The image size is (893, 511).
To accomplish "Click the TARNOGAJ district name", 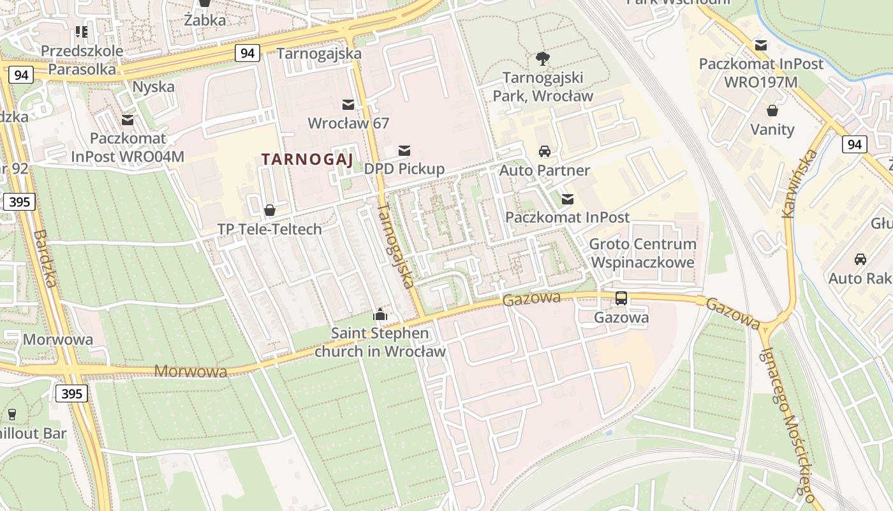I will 307,160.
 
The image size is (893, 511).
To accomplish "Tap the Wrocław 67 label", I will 348,123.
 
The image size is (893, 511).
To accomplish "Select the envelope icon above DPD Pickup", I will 404,151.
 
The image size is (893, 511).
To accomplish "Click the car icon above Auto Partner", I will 544,151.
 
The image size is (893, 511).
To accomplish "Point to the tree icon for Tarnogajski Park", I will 543,59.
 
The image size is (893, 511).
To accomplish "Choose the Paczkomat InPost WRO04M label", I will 128,147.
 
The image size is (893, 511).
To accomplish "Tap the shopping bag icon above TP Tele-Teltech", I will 270,210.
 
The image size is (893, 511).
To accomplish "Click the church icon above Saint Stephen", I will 380,314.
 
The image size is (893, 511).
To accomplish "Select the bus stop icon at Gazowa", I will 621,298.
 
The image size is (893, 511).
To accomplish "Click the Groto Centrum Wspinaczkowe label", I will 642,253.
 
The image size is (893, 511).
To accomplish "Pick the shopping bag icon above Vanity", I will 772,111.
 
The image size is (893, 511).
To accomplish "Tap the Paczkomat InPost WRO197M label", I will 761,73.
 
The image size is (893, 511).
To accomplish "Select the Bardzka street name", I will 45,259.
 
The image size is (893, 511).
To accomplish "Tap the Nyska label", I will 153,87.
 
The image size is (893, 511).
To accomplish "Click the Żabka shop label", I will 205,20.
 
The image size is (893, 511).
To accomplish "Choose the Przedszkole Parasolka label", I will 82,60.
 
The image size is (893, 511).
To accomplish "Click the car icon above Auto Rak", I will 860,259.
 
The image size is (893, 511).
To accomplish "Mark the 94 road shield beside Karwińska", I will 854,144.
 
